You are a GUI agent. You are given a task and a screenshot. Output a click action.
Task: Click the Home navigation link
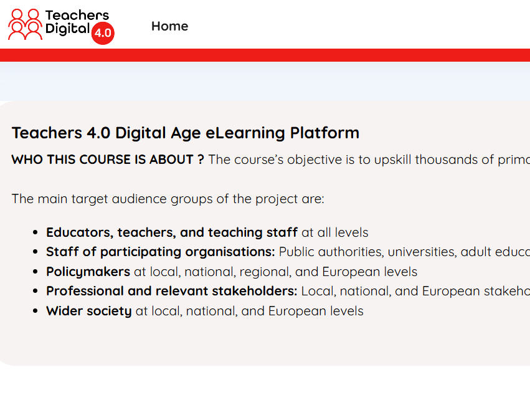coord(169,26)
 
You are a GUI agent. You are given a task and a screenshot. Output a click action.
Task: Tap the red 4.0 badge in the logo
coord(103,33)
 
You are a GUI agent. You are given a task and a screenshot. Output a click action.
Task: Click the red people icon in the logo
coord(26,24)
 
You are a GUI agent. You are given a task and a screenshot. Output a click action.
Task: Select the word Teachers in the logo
coord(77,15)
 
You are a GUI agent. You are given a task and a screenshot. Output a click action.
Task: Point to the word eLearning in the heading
coord(245,133)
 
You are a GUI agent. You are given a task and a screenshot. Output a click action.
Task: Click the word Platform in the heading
coord(324,133)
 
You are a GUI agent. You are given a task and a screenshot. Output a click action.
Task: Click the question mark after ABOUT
coord(201,160)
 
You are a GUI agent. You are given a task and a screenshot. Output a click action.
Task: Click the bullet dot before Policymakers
coord(35,272)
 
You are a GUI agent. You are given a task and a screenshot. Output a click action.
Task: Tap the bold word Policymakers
coord(88,272)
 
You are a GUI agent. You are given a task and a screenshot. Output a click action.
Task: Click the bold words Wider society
coord(89,311)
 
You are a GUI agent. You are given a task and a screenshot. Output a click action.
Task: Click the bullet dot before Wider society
coord(35,311)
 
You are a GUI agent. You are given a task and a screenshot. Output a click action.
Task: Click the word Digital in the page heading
coord(141,133)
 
